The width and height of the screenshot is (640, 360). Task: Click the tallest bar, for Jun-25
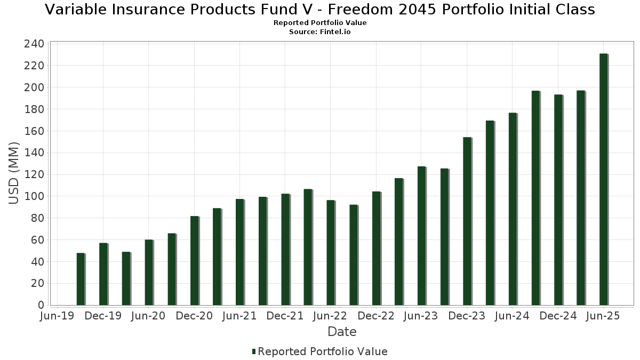(x=603, y=179)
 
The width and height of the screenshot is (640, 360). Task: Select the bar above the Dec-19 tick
(x=103, y=274)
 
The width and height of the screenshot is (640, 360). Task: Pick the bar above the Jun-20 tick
(x=149, y=273)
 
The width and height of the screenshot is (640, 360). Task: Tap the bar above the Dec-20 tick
(x=194, y=261)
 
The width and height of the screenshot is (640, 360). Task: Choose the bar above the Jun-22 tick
(x=331, y=253)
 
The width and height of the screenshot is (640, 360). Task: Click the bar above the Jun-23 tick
(x=421, y=236)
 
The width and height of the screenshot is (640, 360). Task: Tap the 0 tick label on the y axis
(x=41, y=305)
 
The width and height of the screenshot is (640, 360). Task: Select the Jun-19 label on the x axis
(x=58, y=316)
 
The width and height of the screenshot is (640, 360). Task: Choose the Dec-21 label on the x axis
(x=285, y=316)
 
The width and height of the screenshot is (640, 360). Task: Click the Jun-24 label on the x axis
(x=512, y=316)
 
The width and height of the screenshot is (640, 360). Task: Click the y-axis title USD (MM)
(x=14, y=173)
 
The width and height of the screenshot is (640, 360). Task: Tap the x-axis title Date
(x=342, y=332)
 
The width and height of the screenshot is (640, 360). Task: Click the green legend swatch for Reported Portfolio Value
(x=254, y=351)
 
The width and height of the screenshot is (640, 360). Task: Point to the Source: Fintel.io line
(x=320, y=32)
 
